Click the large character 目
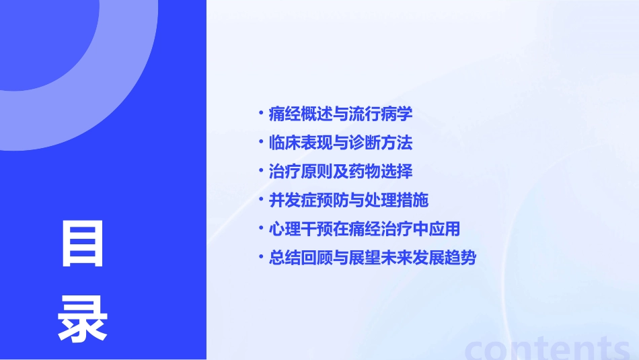(x=82, y=244)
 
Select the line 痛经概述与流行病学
(x=340, y=114)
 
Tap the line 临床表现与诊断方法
(x=340, y=143)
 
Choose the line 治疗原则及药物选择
(x=340, y=172)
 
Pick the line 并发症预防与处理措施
(x=348, y=201)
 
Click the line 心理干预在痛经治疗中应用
(x=364, y=229)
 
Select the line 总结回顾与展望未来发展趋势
(x=372, y=258)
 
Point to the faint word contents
(x=548, y=347)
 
